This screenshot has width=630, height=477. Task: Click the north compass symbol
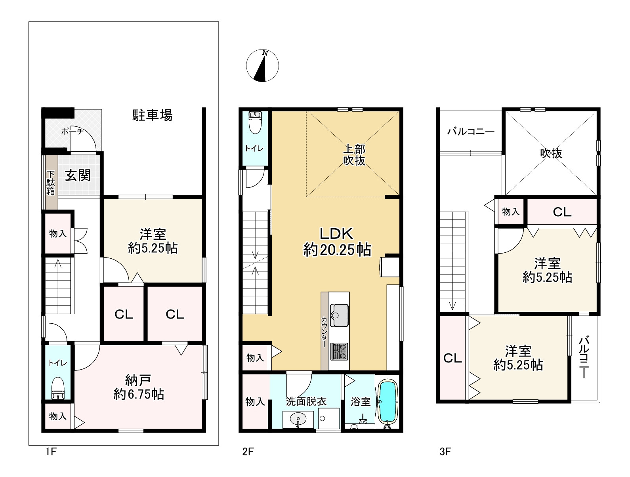[262, 65]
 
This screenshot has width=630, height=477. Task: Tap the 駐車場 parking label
[152, 115]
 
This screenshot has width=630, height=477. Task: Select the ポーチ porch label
[73, 131]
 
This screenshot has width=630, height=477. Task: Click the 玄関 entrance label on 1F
[78, 175]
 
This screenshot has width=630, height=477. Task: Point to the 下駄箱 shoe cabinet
[52, 182]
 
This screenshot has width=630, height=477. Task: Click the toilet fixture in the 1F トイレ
[58, 388]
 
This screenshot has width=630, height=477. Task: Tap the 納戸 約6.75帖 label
[139, 387]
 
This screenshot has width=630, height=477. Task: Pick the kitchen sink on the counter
[339, 315]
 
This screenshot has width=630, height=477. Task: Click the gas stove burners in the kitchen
[339, 351]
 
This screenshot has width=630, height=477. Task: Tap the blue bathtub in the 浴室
[388, 402]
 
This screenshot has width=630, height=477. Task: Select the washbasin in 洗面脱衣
[298, 419]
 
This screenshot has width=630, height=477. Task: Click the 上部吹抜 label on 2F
[354, 155]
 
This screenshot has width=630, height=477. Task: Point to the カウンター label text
[324, 332]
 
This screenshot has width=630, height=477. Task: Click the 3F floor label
[445, 452]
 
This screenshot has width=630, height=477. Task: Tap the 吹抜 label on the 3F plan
[551, 153]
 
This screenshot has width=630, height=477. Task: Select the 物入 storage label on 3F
[511, 212]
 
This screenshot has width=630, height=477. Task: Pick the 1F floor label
[51, 452]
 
